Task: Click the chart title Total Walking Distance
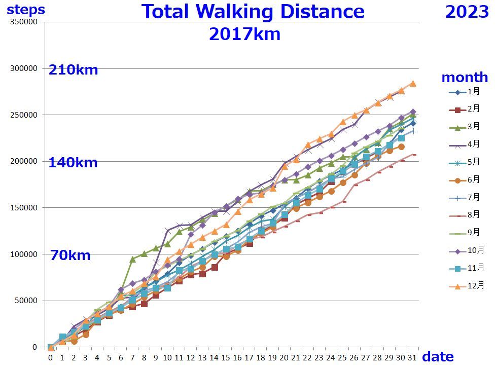[253, 12]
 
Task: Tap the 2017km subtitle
[244, 34]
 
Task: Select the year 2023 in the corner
[467, 12]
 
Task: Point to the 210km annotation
[73, 70]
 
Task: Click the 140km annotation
[73, 163]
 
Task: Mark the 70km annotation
[70, 255]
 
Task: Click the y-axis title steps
[26, 9]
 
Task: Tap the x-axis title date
[438, 356]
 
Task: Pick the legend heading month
[465, 78]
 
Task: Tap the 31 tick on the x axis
[413, 357]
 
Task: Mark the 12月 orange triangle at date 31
[413, 83]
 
